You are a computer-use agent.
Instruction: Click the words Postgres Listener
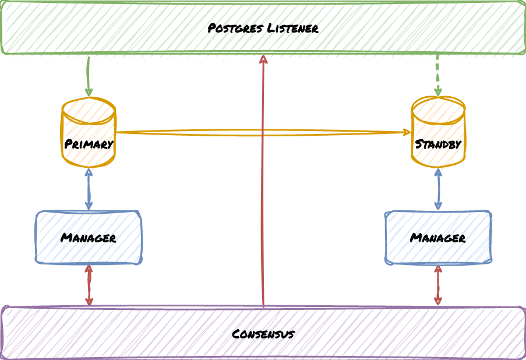(x=263, y=28)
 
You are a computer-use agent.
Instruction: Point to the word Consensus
(x=263, y=334)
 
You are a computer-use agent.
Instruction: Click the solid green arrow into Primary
(x=89, y=76)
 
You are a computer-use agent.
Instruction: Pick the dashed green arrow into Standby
(x=437, y=76)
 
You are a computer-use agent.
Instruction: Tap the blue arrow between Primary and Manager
(x=89, y=189)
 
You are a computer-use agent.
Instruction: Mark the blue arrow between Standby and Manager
(x=438, y=189)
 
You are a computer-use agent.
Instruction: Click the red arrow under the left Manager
(x=89, y=285)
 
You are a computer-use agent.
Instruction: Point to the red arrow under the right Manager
(x=438, y=285)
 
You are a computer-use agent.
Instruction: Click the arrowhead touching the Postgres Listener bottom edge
(x=263, y=59)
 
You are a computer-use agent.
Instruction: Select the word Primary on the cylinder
(x=89, y=144)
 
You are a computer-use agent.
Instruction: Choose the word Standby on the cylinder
(x=438, y=144)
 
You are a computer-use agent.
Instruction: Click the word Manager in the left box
(x=89, y=238)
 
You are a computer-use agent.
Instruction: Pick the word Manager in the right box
(x=438, y=238)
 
